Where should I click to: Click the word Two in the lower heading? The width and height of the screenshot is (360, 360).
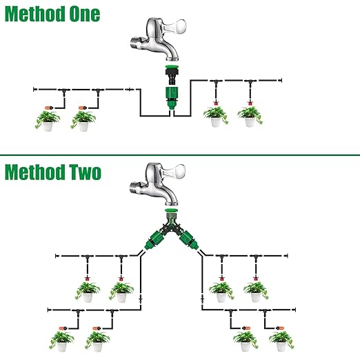86,172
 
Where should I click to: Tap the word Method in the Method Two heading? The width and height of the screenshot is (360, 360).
34,172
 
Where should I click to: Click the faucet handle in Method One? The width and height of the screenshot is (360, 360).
174,26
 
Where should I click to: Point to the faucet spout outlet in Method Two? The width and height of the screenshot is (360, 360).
172,203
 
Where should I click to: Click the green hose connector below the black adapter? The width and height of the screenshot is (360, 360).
172,98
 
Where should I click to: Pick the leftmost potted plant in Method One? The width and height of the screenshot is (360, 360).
48,121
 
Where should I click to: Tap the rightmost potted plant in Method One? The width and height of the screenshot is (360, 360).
250,117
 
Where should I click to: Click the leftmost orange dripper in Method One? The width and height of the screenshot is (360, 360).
48,108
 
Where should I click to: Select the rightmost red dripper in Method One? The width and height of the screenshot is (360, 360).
250,103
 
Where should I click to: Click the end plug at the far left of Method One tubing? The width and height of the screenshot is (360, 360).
34,89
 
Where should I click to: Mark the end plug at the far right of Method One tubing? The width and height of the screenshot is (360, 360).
281,80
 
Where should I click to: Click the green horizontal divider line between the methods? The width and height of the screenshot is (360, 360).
180,155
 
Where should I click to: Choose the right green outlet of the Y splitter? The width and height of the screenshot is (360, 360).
189,241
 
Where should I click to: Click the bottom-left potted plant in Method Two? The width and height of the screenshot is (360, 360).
61,341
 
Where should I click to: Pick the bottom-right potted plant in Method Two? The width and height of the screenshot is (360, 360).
281,341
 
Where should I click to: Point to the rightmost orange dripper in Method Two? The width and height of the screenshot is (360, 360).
280,328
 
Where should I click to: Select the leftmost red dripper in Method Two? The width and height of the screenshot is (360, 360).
87,279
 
